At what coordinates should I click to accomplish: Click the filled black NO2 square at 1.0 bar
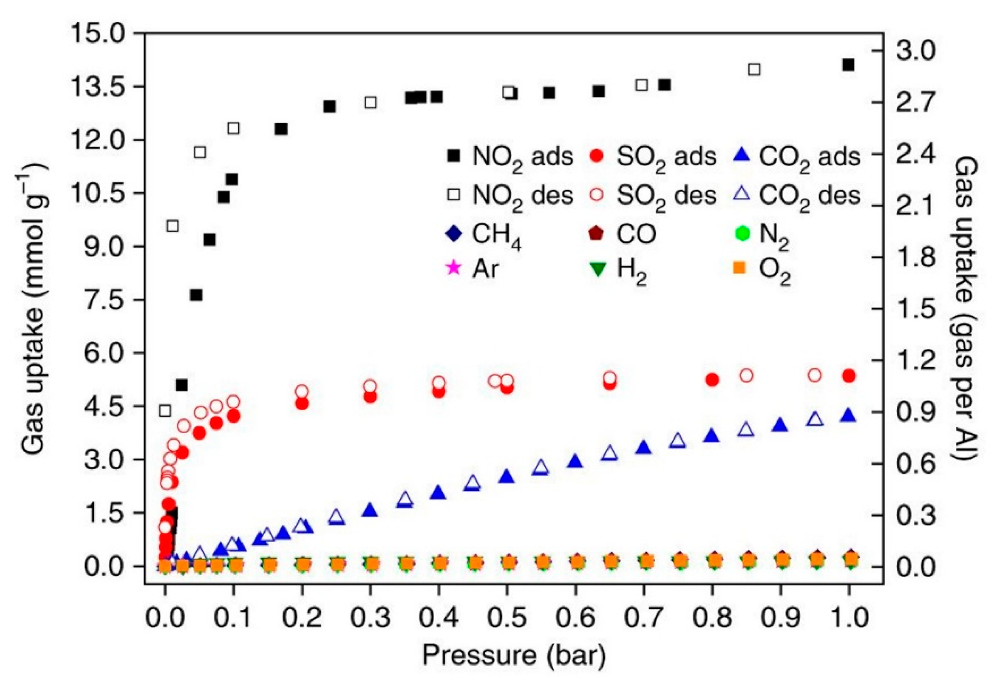pos(848,65)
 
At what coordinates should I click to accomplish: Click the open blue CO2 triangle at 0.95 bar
pos(815,420)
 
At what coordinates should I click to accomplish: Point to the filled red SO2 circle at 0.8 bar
pos(712,380)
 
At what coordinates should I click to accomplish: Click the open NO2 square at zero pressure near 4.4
pos(164,411)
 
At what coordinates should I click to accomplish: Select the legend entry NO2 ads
pos(509,157)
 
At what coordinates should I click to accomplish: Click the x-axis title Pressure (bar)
pos(514,654)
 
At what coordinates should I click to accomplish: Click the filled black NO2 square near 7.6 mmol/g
pos(196,295)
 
